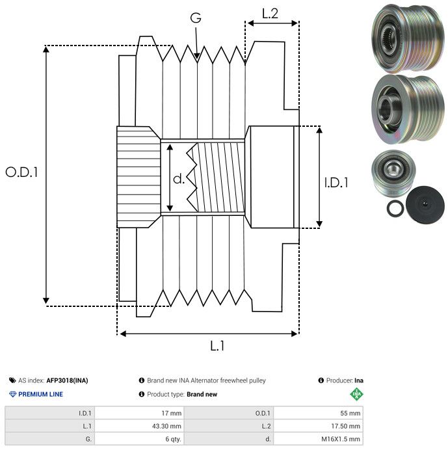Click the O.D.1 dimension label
22,172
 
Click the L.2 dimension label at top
270,13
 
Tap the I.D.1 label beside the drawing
336,183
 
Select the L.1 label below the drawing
217,346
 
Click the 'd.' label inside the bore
179,179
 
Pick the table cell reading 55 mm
350,413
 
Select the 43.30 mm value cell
167,426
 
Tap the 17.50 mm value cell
345,426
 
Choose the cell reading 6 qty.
172,440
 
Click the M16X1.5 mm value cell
340,440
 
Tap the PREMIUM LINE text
40,395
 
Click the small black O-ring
394,209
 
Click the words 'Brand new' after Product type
202,395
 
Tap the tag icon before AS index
12,380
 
